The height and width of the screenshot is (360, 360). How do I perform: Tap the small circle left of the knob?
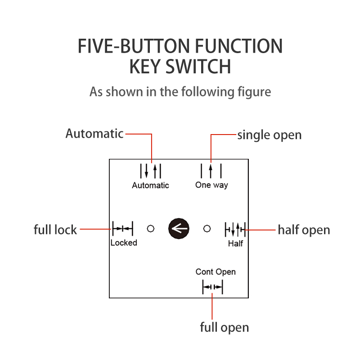151,229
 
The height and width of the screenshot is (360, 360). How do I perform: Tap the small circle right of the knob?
207,229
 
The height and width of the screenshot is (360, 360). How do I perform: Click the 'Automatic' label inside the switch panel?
150,185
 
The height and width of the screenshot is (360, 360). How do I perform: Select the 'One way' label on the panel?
211,185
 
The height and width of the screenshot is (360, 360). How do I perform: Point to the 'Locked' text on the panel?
123,243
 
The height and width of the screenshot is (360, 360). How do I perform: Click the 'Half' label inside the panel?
235,243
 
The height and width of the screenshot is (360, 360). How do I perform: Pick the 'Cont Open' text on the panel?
216,272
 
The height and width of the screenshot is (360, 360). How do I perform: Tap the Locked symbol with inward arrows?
122,229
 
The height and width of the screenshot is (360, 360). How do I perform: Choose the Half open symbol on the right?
235,229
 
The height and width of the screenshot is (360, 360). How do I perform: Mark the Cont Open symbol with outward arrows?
212,287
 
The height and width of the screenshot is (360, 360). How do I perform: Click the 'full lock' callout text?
55,229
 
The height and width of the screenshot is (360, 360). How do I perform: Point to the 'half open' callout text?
304,230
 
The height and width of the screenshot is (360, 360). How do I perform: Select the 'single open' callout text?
269,135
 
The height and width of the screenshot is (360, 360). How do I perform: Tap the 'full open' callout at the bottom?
224,327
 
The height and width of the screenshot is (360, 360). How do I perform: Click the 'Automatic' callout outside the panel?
94,134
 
